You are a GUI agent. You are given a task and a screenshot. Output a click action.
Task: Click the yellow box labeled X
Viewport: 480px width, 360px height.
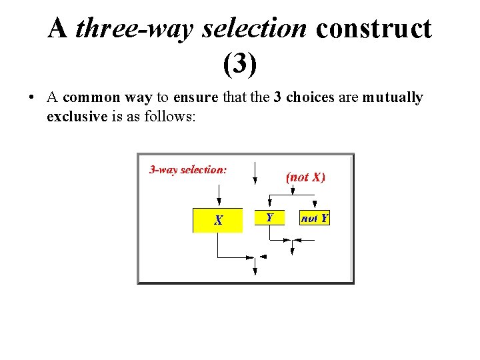[217, 220]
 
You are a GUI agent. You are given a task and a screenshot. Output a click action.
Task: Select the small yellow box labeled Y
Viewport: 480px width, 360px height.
[269, 217]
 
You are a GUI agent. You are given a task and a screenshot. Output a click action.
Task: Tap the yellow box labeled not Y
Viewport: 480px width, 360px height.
[315, 218]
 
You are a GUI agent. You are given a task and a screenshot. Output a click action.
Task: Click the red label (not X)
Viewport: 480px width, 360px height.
[305, 177]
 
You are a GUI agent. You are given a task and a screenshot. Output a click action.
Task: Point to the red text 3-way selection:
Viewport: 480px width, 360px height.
[188, 170]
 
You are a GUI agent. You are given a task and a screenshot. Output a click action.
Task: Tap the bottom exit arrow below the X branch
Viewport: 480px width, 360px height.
[255, 267]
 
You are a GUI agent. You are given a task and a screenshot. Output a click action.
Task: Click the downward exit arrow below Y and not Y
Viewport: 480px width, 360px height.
[292, 248]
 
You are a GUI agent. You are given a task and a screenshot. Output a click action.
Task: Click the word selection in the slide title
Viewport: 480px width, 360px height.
[255, 29]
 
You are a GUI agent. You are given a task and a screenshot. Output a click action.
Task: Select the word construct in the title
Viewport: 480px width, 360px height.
[373, 29]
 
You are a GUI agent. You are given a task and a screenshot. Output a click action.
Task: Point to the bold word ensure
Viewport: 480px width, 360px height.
[195, 97]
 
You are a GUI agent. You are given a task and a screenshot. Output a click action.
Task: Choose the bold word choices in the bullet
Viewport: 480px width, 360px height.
[310, 97]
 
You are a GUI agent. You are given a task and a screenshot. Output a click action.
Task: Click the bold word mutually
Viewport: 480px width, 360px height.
[393, 98]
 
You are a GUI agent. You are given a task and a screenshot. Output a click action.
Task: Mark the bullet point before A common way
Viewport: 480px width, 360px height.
[32, 98]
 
